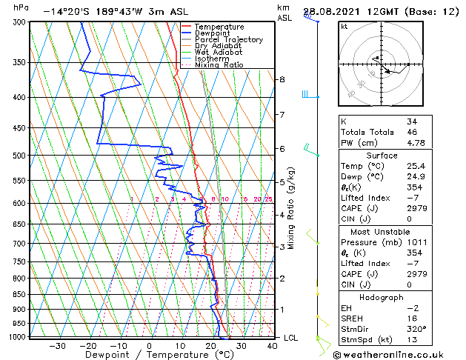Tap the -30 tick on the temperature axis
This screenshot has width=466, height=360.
pyautogui.click(x=57, y=346)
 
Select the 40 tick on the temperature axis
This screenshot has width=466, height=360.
pyautogui.click(x=272, y=346)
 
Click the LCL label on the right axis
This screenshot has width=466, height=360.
pyautogui.click(x=291, y=338)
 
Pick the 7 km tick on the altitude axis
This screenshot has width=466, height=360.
pyautogui.click(x=282, y=115)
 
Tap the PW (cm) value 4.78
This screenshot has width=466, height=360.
pyautogui.click(x=417, y=144)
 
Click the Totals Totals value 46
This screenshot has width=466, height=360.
pyautogui.click(x=412, y=132)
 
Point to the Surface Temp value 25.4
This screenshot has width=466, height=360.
pyautogui.click(x=417, y=167)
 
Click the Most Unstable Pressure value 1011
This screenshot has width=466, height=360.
pyautogui.click(x=417, y=242)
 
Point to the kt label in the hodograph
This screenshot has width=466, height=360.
pyautogui.click(x=344, y=27)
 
